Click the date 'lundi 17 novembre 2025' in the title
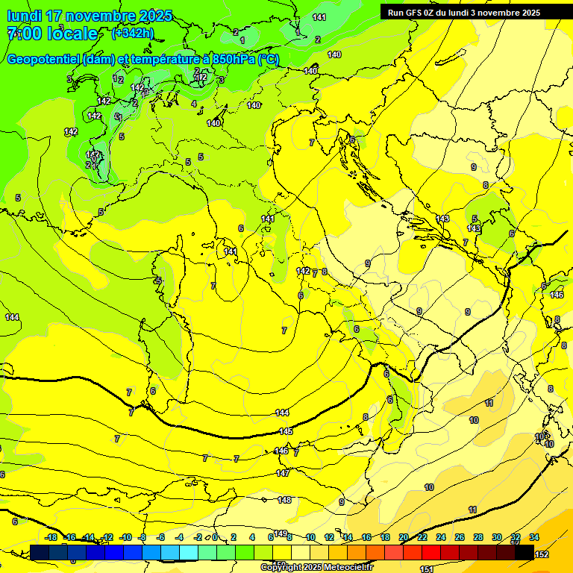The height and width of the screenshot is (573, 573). point(90,16)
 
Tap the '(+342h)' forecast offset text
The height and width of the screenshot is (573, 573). point(133,33)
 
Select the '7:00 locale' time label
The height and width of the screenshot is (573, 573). point(51,34)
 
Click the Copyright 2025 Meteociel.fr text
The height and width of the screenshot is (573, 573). point(316,567)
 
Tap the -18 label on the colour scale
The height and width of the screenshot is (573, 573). point(51,538)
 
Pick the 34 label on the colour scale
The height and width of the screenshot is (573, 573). point(534,538)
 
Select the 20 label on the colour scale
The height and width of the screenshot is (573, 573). point(404,538)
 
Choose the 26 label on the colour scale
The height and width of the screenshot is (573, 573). point(460,538)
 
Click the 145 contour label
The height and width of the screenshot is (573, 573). point(286,432)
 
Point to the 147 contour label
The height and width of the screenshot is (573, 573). point(283,473)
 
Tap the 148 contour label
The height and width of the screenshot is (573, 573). point(284,500)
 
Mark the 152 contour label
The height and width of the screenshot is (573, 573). point(542,554)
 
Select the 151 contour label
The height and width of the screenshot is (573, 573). point(427,569)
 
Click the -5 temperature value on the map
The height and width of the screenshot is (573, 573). point(157,281)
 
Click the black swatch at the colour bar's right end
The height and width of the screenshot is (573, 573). point(525,552)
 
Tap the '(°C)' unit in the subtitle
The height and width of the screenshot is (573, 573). point(269,59)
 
